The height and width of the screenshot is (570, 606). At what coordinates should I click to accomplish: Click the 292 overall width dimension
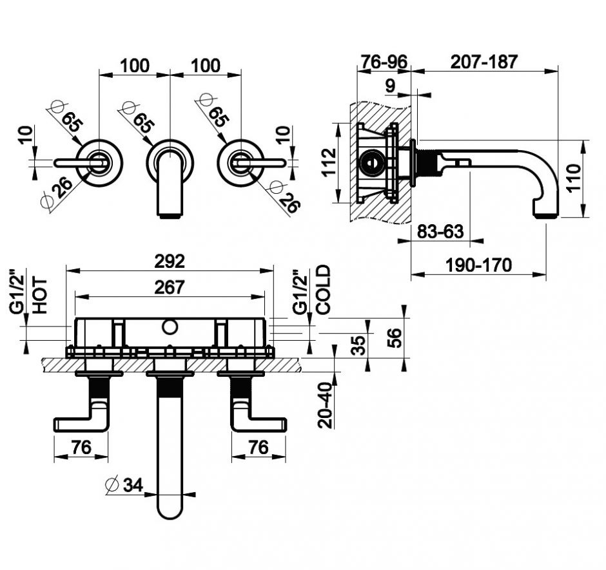tap(170, 262)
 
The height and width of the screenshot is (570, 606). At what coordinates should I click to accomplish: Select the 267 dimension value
tap(170, 287)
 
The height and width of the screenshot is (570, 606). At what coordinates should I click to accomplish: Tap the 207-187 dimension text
tap(484, 62)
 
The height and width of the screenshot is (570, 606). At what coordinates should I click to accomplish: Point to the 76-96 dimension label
tap(384, 62)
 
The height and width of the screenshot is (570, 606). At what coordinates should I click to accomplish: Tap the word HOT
tap(40, 296)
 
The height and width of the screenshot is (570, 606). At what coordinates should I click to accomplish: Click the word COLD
tap(323, 290)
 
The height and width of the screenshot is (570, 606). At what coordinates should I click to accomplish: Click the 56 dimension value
tap(396, 337)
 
